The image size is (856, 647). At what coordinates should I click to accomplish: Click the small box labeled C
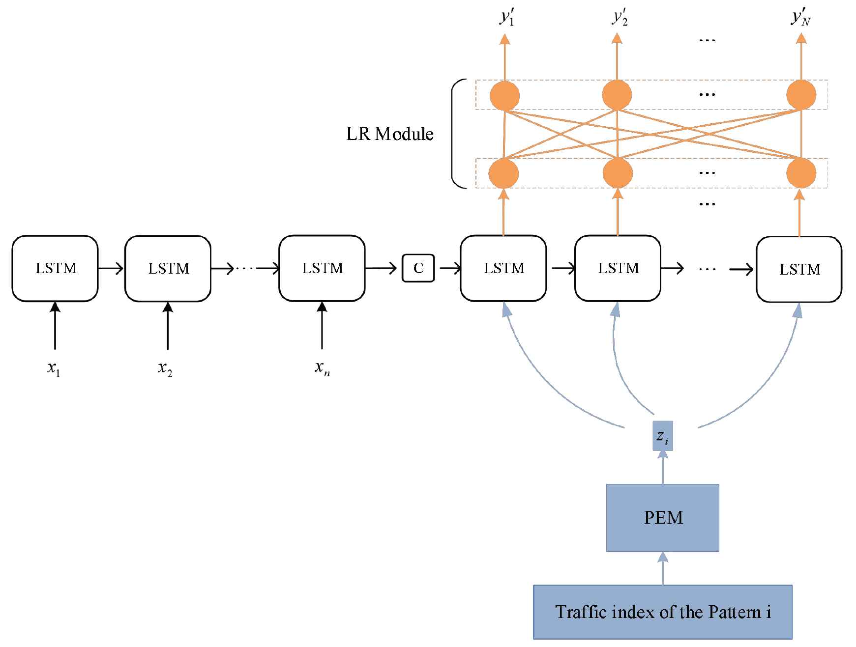418,268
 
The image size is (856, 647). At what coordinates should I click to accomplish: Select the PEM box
662,518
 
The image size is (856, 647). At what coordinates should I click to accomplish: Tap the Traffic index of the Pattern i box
662,612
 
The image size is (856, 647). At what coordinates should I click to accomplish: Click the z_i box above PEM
662,436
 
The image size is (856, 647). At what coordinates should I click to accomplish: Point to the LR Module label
389,134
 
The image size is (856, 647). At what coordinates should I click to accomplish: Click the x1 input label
54,368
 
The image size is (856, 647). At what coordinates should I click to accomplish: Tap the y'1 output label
507,18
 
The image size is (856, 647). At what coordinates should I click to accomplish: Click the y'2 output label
620,18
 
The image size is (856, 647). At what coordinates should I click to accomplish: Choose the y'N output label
800,18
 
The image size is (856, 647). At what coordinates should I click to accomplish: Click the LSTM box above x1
55,268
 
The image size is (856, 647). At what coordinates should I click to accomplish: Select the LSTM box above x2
168,268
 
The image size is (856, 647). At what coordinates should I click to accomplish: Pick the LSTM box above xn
322,268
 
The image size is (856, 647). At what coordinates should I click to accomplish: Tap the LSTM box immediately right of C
503,268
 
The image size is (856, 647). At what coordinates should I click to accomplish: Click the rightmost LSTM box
799,269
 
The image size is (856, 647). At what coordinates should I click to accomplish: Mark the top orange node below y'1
504,95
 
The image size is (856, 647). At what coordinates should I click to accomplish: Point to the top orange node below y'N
801,95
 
